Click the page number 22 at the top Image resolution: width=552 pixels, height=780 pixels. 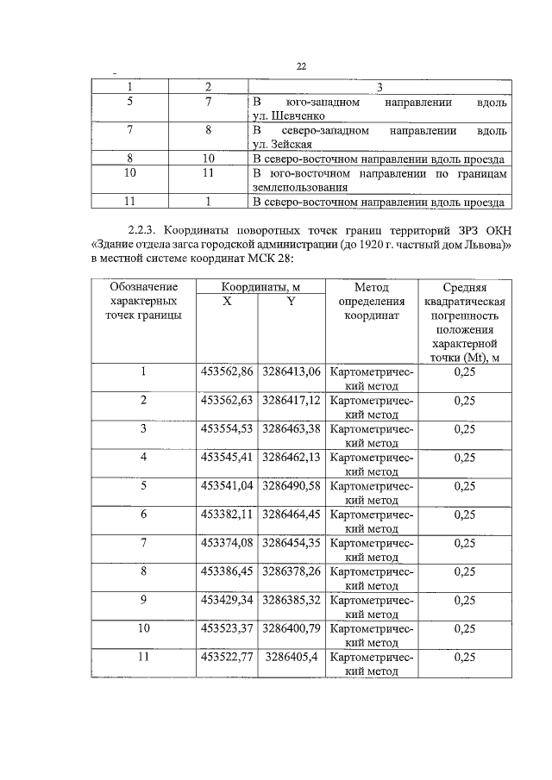pos(301,66)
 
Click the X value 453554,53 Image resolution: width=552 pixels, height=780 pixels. pos(227,428)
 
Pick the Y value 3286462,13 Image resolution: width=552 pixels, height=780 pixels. pos(292,457)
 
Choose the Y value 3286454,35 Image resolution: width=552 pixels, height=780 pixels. pos(292,542)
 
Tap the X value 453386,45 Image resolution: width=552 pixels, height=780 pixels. pos(227,571)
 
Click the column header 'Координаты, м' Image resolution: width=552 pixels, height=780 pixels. pos(259,286)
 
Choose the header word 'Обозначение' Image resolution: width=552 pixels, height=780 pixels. pos(144,286)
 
